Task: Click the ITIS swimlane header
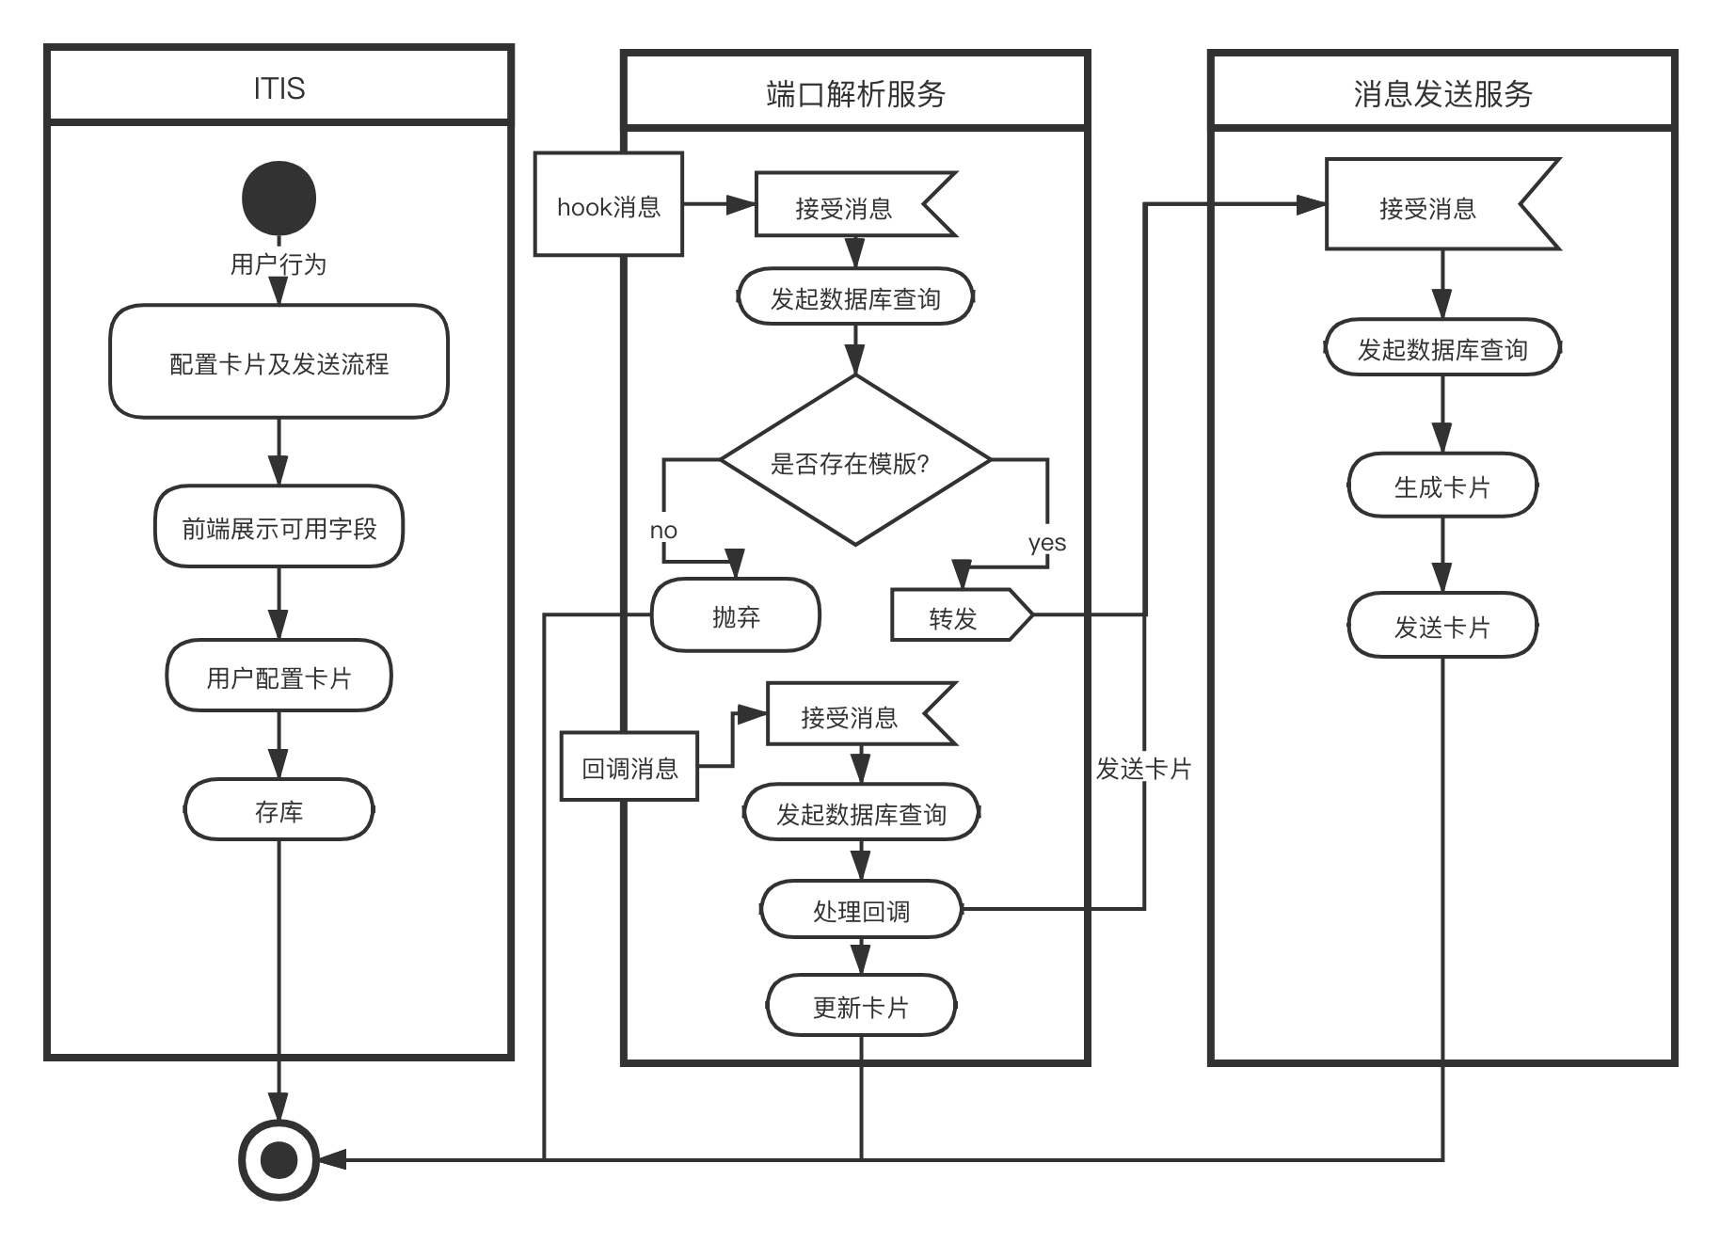point(279,88)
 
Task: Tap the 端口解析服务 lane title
point(855,93)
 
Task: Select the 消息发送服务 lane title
point(1442,93)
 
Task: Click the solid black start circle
point(279,199)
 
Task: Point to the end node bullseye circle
point(279,1160)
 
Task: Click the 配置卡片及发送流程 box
point(279,362)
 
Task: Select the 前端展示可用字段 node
point(279,527)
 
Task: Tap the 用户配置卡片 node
point(279,677)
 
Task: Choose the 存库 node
point(279,810)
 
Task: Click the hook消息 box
point(609,205)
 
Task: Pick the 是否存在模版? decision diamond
point(855,461)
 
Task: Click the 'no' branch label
point(663,530)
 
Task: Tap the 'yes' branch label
point(1047,542)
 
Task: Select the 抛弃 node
point(736,616)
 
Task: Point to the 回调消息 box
point(629,768)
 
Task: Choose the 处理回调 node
point(861,910)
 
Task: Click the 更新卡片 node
point(861,1007)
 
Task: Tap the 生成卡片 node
point(1442,486)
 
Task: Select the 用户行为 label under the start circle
point(279,263)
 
